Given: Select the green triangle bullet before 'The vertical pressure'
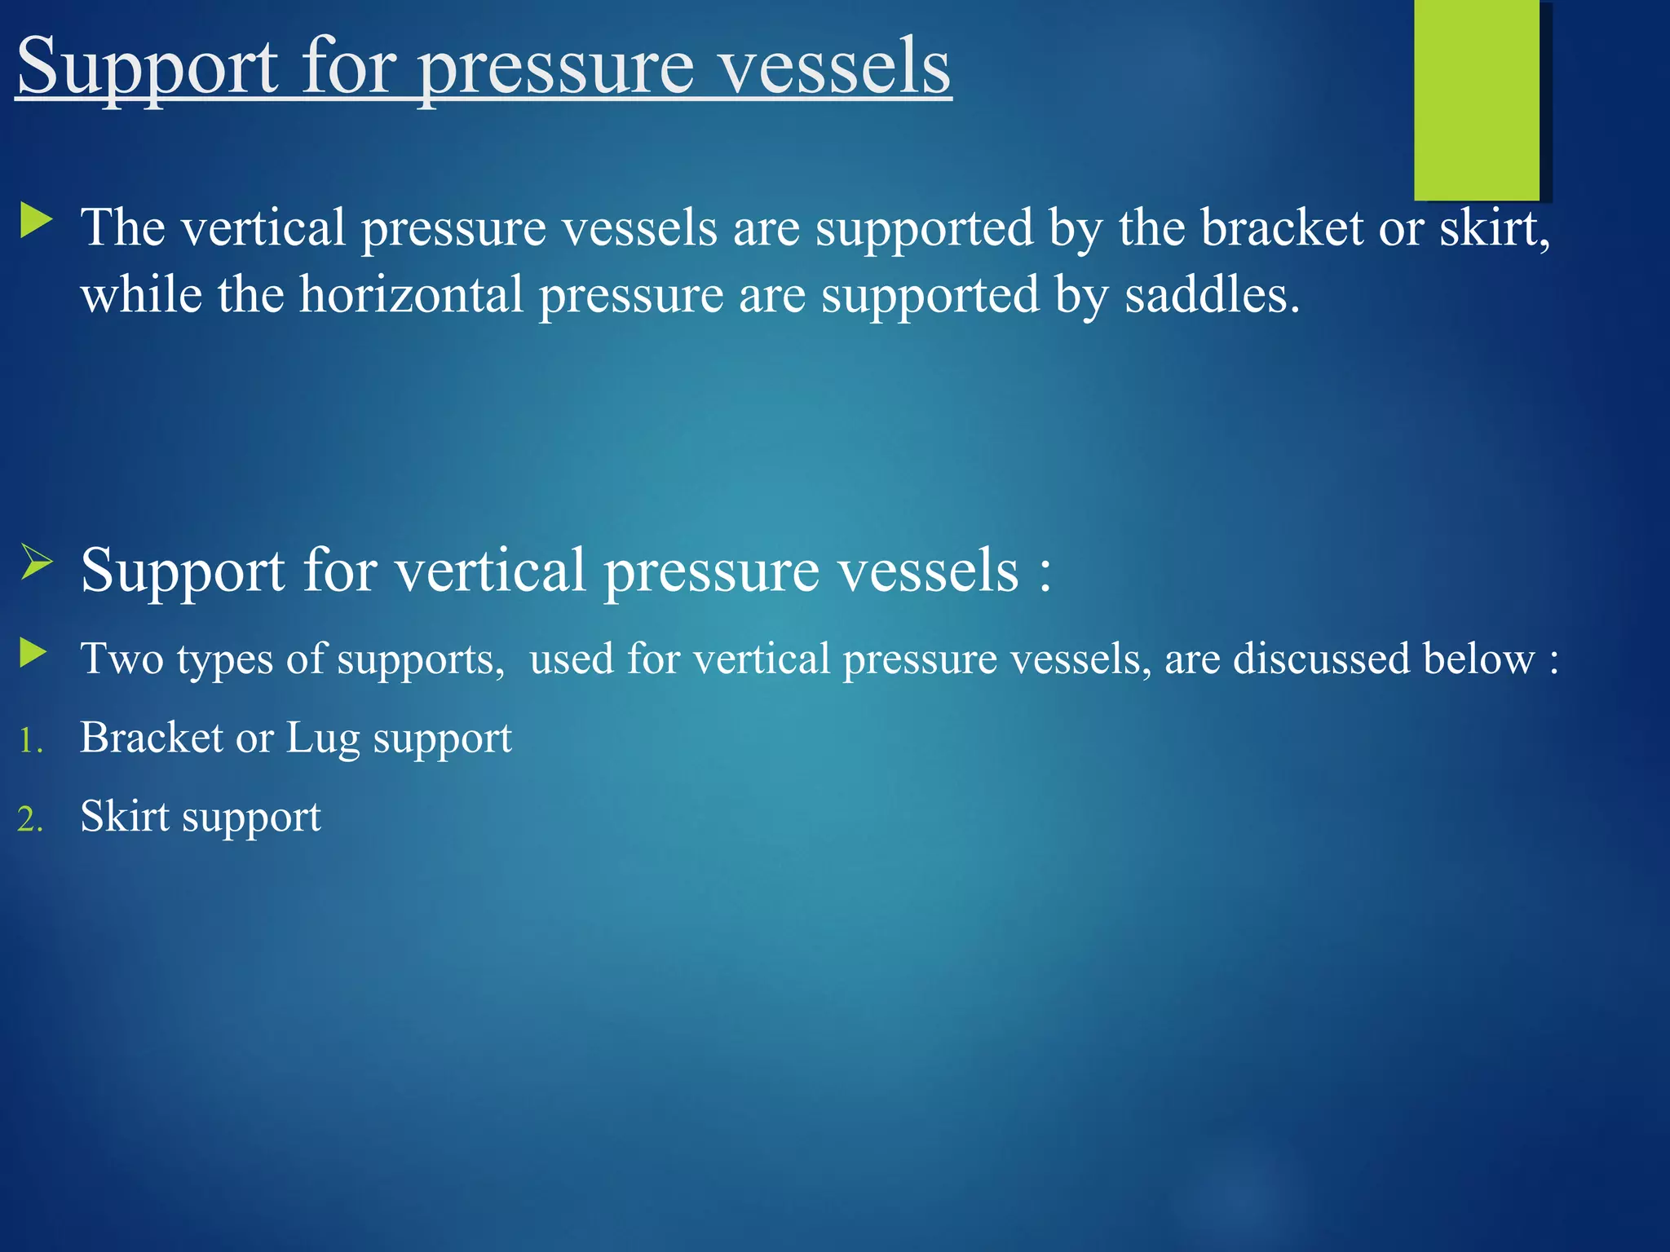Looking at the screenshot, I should click(36, 222).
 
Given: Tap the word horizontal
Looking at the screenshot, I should click(412, 294).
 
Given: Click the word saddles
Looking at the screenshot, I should click(1212, 294).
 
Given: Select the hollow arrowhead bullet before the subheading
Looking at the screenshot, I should click(37, 563).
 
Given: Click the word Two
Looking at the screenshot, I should click(121, 659).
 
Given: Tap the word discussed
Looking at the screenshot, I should click(1321, 659).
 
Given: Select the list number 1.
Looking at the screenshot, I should click(30, 742).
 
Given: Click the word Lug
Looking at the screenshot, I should click(322, 738).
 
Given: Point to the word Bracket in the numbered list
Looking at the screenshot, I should click(152, 738).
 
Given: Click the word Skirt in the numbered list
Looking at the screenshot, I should click(125, 816).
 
